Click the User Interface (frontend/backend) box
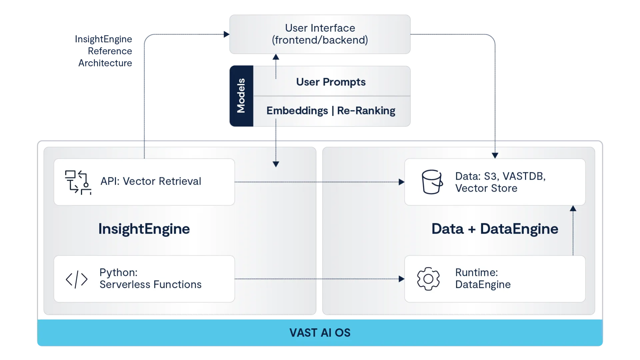click(x=320, y=34)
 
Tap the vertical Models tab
click(x=241, y=96)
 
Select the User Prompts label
click(x=331, y=82)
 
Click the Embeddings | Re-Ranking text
click(x=331, y=111)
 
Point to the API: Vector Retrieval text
click(x=151, y=181)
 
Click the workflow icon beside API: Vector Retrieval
click(x=78, y=182)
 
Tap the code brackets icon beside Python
click(x=77, y=279)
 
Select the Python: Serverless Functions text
click(x=150, y=279)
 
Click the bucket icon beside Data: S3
click(x=432, y=182)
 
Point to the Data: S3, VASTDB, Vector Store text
click(x=500, y=182)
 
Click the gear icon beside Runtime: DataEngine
click(x=428, y=279)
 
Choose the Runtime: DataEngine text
click(x=483, y=279)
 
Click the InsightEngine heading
click(x=144, y=229)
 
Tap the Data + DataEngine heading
click(x=495, y=229)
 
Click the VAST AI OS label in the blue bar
click(x=320, y=333)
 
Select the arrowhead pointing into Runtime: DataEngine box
click(x=401, y=279)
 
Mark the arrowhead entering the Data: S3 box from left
click(x=401, y=182)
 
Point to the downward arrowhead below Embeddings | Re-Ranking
click(x=276, y=164)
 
